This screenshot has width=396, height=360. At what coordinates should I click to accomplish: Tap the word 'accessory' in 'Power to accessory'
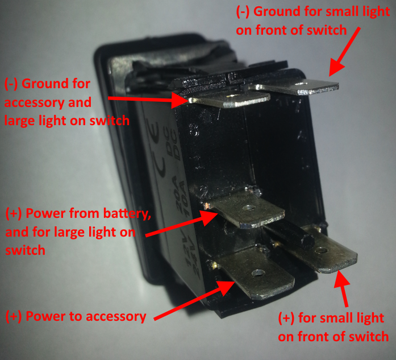(x=116, y=317)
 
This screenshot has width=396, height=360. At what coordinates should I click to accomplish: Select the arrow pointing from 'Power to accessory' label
(x=193, y=299)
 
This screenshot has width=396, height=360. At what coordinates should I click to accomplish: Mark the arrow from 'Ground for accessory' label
(x=148, y=98)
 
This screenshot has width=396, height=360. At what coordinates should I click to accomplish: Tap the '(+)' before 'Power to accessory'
(x=15, y=317)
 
